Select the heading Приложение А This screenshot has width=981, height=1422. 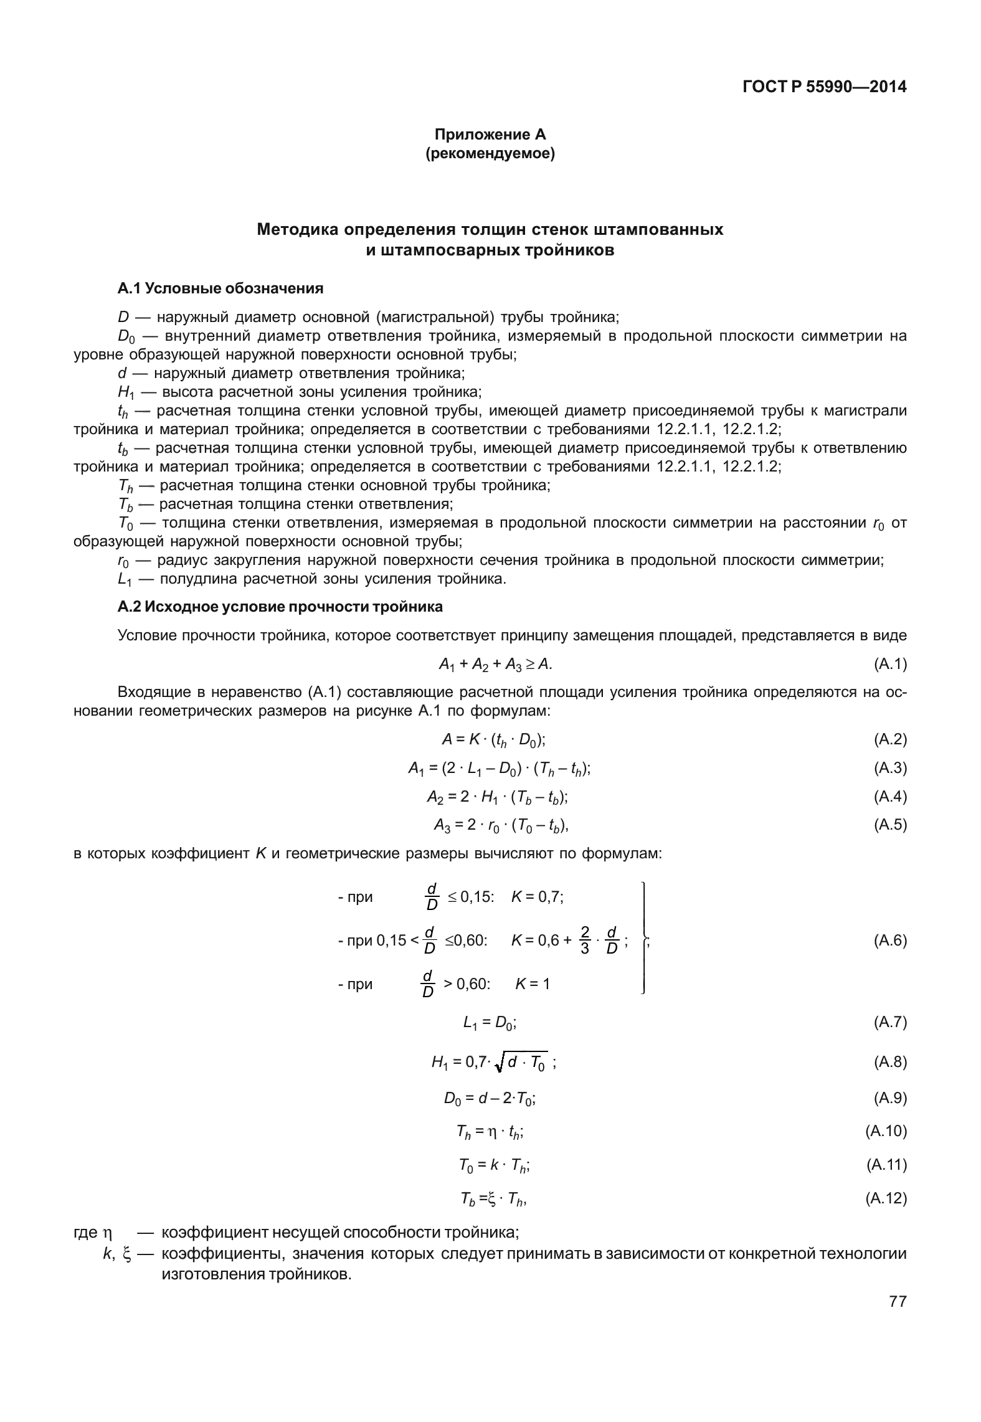pos(490,134)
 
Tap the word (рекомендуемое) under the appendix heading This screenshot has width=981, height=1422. pos(490,153)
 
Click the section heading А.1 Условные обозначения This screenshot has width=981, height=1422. pos(220,288)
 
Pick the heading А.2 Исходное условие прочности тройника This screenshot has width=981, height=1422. pos(280,607)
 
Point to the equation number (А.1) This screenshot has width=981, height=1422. pos(890,665)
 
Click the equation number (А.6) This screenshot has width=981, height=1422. pos(890,941)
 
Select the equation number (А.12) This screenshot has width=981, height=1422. pos(886,1198)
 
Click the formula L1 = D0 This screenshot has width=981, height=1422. pos(490,1022)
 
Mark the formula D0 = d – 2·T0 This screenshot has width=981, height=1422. pos(490,1098)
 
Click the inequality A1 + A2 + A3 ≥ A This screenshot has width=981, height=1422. pos(495,665)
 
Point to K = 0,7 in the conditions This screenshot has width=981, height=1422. pos(538,897)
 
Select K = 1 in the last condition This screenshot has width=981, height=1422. pos(533,984)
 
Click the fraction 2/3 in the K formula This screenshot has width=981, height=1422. pos(584,941)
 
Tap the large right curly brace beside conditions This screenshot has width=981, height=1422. pos(643,941)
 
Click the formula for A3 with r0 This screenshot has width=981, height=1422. pos(501,825)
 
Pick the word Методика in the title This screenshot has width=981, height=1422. pos(296,230)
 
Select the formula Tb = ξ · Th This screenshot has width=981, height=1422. pos(493,1198)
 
